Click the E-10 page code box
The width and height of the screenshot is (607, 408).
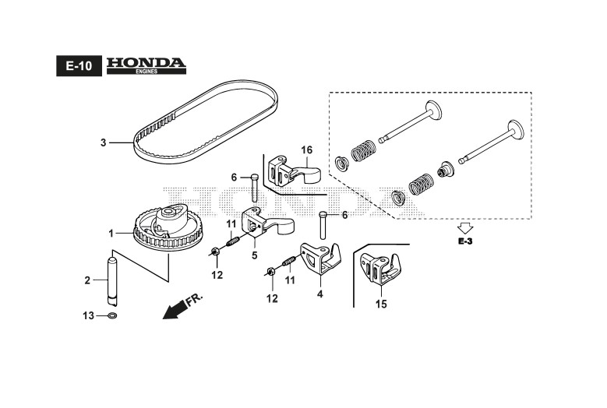(x=79, y=67)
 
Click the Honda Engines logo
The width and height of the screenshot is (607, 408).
(x=146, y=65)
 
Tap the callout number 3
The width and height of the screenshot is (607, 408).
(x=103, y=142)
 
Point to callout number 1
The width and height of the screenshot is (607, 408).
(x=111, y=233)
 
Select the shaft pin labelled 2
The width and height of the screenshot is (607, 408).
(x=111, y=280)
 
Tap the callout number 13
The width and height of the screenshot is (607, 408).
(x=89, y=315)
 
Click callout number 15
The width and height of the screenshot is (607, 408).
(x=380, y=304)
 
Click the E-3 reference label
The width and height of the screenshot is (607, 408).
(x=465, y=243)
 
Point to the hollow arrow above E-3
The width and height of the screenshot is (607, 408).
(x=465, y=228)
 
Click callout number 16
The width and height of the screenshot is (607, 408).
(x=307, y=149)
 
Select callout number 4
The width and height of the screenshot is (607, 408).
(x=319, y=294)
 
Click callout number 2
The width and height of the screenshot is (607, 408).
(x=88, y=280)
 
